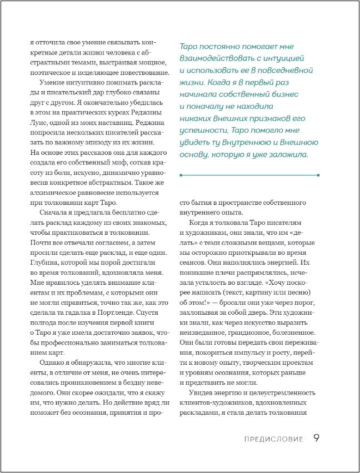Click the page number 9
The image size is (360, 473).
coord(316,438)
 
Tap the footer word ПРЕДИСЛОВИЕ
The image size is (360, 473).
coord(273,439)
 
